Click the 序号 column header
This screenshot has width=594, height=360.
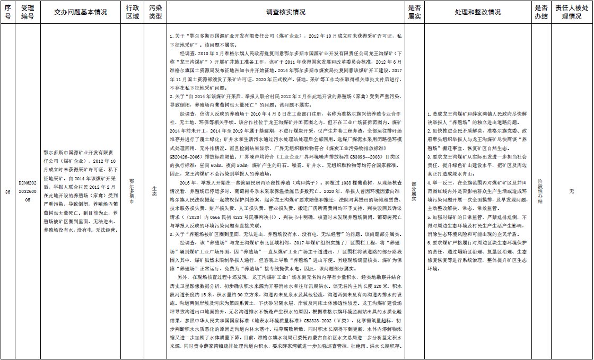(x=7, y=12)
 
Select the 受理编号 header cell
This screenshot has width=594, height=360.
(x=27, y=12)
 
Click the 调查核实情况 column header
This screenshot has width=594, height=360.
(x=285, y=12)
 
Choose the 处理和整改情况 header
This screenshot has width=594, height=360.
(x=477, y=12)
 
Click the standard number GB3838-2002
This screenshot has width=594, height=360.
(x=321, y=321)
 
